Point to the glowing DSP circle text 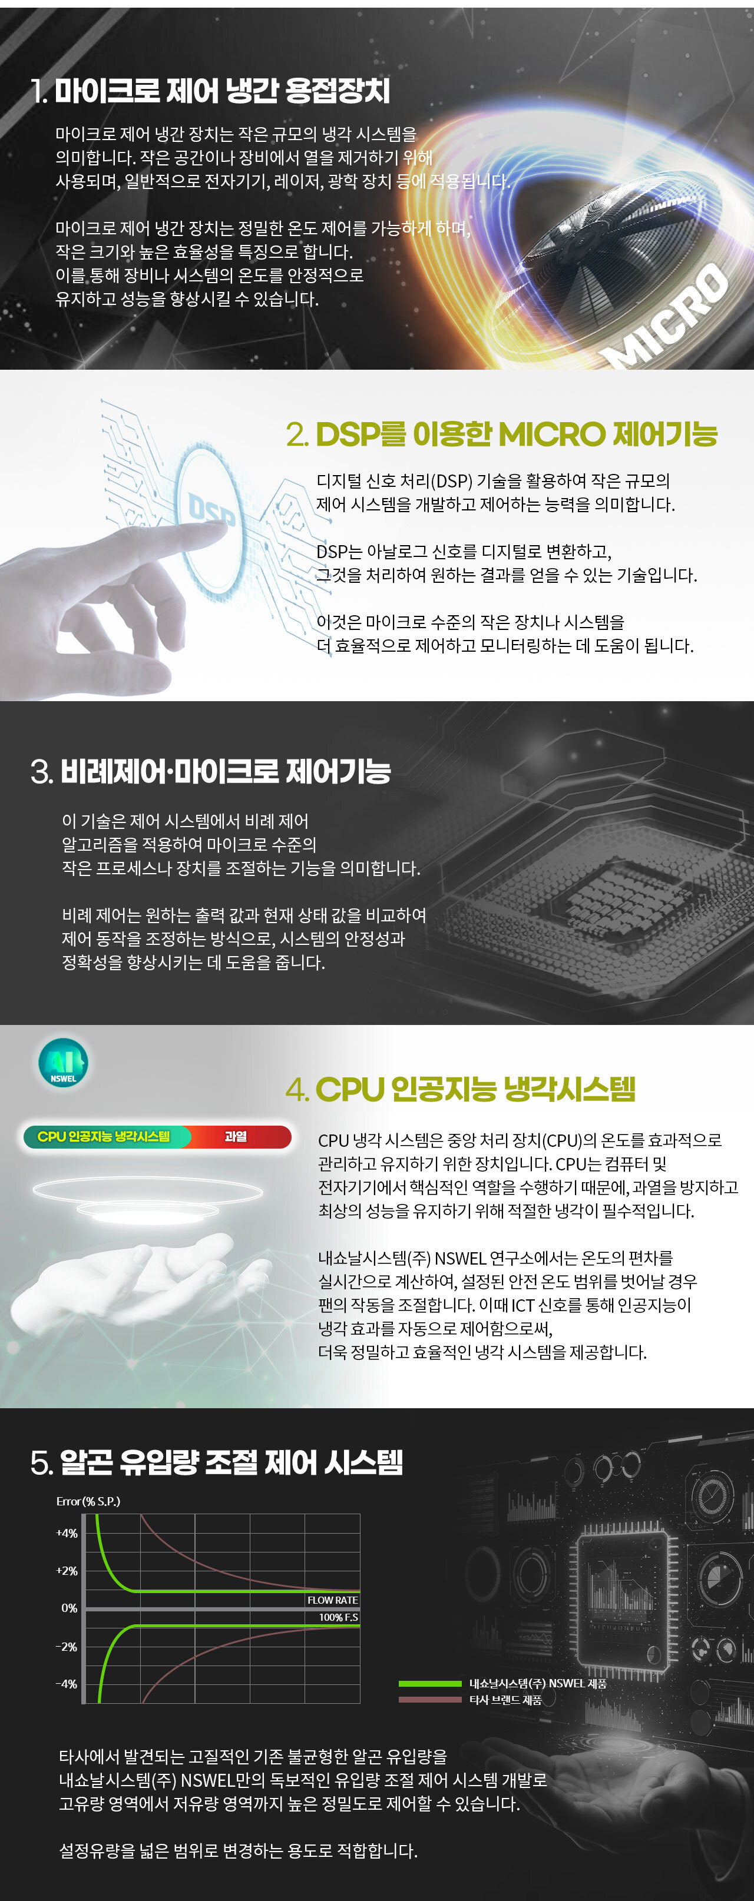point(212,509)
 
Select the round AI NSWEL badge point(64,1063)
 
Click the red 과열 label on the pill point(236,1136)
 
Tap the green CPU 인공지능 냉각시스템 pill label point(104,1136)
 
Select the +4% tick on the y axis point(67,1533)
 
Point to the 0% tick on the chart point(70,1608)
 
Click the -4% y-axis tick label point(67,1683)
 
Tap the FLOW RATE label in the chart point(332,1600)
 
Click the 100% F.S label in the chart point(338,1617)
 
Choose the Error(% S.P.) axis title point(88,1501)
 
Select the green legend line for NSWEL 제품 point(430,1683)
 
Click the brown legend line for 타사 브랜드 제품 point(430,1700)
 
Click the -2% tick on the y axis point(67,1647)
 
